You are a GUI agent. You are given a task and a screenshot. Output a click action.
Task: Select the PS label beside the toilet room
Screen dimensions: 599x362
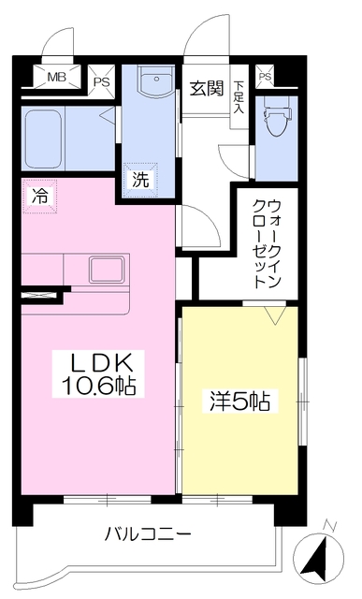click(266, 76)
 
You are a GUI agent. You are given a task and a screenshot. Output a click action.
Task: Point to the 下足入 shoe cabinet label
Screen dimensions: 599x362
click(240, 94)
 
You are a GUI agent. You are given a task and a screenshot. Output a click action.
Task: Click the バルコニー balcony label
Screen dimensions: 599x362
click(148, 534)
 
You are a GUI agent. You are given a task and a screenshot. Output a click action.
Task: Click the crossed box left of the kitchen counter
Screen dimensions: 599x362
click(42, 297)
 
